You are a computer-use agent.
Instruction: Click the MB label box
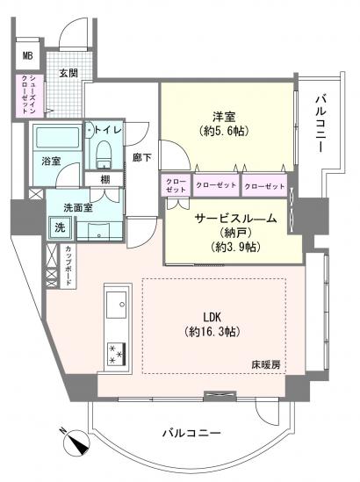[27, 56]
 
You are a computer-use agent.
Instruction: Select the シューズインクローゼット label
[27, 94]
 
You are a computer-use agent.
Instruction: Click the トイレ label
[109, 130]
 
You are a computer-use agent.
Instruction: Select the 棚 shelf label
[104, 179]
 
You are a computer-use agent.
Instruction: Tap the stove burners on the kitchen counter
[114, 352]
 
